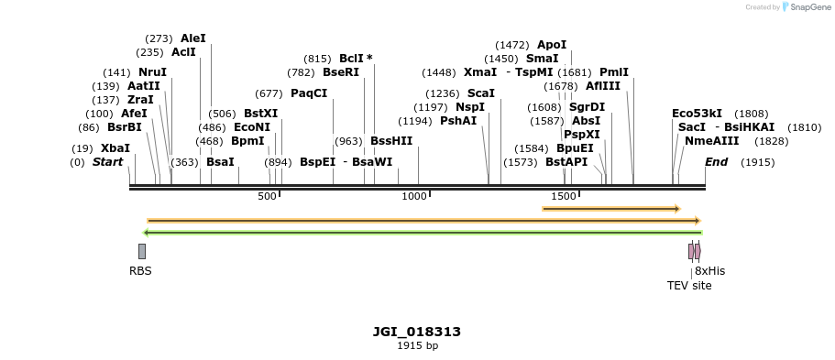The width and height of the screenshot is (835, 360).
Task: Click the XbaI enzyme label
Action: (x=115, y=147)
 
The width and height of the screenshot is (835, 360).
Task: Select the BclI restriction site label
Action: (x=352, y=58)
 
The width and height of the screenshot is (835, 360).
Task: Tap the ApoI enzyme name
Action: (x=552, y=44)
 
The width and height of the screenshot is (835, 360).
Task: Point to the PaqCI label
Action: (x=309, y=93)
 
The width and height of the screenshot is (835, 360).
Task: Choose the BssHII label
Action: (x=391, y=141)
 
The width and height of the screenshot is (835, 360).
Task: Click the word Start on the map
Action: (x=107, y=162)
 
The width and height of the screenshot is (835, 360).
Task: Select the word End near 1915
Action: (x=716, y=162)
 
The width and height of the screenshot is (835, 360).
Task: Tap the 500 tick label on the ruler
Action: (x=267, y=196)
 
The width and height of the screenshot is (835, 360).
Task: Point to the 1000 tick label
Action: (x=415, y=196)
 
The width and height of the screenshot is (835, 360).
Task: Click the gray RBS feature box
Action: (x=142, y=251)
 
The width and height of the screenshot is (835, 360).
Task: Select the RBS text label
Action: (x=140, y=271)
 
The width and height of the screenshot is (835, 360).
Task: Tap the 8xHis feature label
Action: (x=709, y=271)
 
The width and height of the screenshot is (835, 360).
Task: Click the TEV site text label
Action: (x=689, y=286)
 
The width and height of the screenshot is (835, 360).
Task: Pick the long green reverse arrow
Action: (x=422, y=233)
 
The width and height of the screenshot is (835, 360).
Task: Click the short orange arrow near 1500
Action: (x=610, y=209)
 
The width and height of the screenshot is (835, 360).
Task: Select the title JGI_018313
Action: (x=417, y=332)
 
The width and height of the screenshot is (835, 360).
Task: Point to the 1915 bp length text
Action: (x=417, y=345)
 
